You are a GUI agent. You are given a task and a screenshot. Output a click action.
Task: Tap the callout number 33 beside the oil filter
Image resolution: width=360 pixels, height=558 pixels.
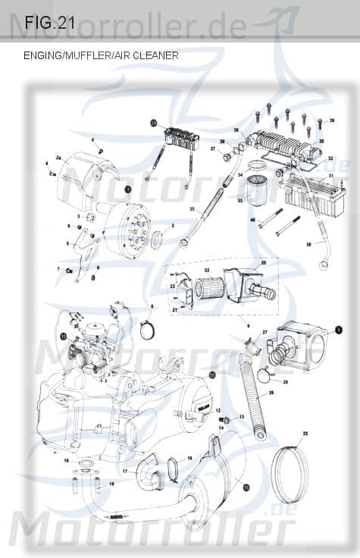coord(240,200)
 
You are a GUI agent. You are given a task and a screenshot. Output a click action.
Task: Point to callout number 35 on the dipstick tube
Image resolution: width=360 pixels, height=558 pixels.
coord(193,208)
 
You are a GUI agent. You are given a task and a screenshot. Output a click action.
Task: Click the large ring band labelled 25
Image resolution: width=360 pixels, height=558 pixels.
coord(290,475)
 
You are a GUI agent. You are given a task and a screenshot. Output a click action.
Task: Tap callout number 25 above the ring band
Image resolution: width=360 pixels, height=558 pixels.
coord(305,433)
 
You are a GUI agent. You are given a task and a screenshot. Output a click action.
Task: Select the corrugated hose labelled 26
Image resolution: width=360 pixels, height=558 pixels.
coord(250,394)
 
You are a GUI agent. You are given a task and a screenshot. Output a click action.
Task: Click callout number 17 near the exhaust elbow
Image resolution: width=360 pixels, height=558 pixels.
coord(125,471)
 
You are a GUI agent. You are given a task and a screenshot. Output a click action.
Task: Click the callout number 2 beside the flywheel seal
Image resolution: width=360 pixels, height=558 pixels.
coord(173,225)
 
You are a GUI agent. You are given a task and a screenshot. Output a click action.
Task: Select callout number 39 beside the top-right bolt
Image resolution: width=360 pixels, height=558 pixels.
coord(331,121)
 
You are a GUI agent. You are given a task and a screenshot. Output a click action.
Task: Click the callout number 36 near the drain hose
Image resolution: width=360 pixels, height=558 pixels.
coord(308,244)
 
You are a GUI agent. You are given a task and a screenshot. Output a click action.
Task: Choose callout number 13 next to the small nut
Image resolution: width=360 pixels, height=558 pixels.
coord(242,417)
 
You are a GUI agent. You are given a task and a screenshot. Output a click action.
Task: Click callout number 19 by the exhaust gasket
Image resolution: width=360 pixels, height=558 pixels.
coord(66,460)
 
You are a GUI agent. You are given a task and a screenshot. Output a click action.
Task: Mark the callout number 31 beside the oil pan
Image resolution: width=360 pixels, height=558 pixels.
coord(330,175)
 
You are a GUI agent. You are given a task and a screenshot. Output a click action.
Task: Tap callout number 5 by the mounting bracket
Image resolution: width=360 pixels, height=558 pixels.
coord(67,243)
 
